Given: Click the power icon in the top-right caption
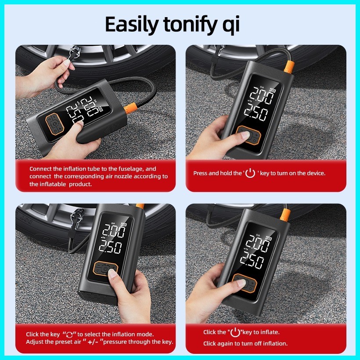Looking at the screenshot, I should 250,173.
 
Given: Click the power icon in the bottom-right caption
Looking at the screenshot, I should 236,332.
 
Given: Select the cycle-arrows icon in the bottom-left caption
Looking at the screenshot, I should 70,335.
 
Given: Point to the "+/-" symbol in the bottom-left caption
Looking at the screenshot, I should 91,342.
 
